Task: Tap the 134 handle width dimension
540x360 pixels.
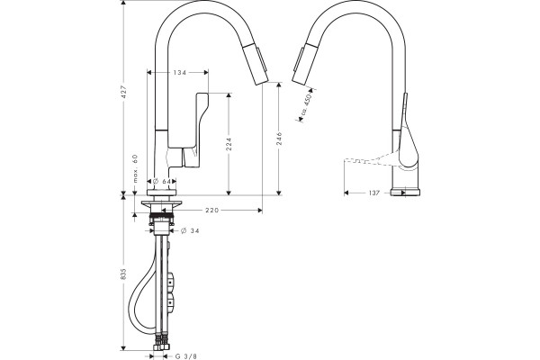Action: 179,72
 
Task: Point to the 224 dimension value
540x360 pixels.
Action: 229,144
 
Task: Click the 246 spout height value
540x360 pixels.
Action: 279,138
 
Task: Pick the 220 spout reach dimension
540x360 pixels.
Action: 212,210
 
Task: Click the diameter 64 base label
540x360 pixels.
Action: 162,181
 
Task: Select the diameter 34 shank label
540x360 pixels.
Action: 190,230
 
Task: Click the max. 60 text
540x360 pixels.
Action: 135,168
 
